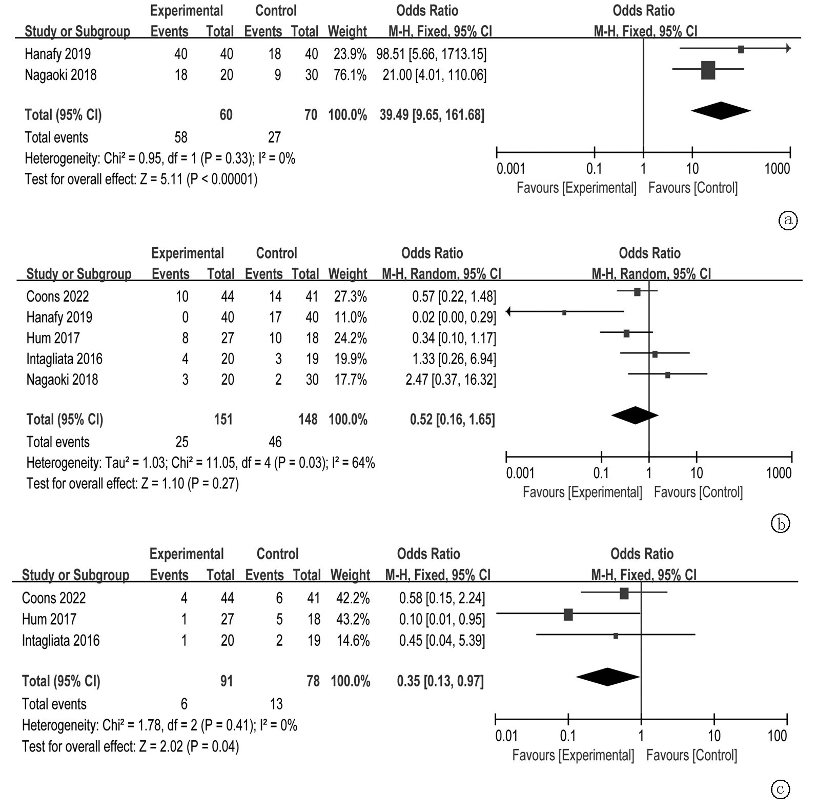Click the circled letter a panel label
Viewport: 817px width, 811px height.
pos(788,220)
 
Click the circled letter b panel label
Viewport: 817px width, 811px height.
pos(780,524)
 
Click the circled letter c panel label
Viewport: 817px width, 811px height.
pos(780,789)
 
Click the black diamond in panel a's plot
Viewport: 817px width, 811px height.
pos(721,110)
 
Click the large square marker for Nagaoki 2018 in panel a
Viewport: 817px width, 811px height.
pos(708,70)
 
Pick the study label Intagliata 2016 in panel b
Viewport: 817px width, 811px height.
pos(65,359)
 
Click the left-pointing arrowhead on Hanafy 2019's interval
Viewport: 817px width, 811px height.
pos(508,311)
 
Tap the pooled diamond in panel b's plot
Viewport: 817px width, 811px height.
pos(635,416)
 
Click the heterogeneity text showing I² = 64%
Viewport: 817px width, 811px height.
pos(201,463)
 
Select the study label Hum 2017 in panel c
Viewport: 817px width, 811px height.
pos(49,619)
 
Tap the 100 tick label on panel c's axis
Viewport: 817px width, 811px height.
pos(777,736)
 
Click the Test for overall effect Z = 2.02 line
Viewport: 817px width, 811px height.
pos(131,746)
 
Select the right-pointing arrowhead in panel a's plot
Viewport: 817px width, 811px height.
pos(788,49)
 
